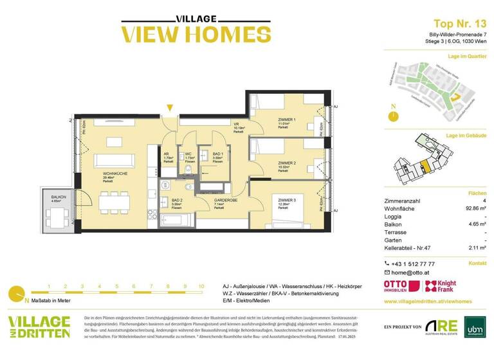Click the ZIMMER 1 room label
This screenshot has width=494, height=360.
click(x=287, y=120)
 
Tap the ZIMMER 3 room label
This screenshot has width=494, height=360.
click(x=287, y=201)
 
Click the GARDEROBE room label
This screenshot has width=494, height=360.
click(x=224, y=200)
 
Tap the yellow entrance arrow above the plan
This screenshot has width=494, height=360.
click(x=169, y=107)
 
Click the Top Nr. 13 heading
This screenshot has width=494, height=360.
click(x=451, y=24)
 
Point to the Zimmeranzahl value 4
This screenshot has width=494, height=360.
click(x=483, y=201)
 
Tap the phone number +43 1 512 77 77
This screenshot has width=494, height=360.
click(x=413, y=264)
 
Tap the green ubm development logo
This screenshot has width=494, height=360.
click(x=473, y=327)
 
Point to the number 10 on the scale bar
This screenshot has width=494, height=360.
click(x=201, y=286)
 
